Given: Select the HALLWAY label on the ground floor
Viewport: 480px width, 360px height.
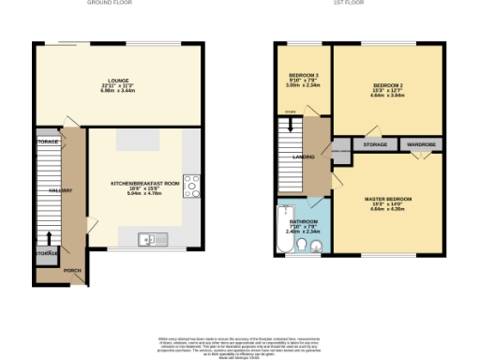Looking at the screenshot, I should tap(48, 190).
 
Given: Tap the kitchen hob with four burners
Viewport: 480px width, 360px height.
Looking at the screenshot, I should tap(192, 185).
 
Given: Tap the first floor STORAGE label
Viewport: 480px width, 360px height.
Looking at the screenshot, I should tap(375, 145).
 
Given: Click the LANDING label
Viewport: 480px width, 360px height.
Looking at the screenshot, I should tap(303, 157).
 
